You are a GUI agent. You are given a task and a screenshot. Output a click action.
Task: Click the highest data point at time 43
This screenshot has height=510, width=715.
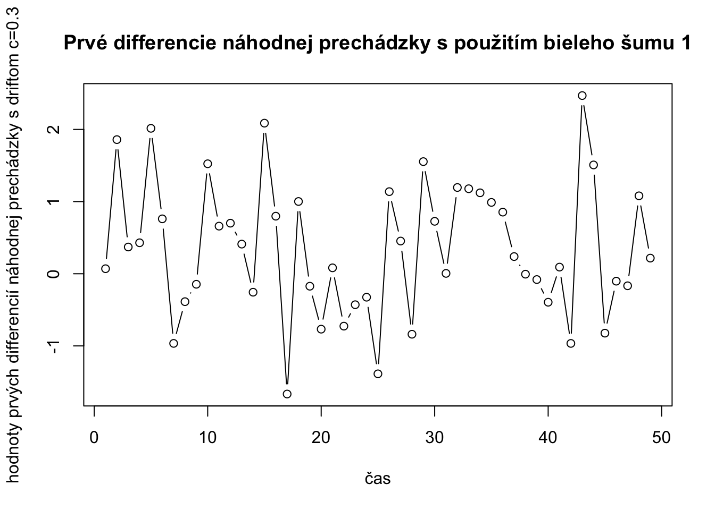(582, 96)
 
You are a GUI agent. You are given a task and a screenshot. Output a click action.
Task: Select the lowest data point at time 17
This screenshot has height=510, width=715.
(287, 394)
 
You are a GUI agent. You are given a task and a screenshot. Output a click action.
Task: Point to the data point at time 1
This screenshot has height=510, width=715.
(105, 269)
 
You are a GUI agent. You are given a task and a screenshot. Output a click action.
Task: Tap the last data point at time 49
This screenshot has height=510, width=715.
(650, 258)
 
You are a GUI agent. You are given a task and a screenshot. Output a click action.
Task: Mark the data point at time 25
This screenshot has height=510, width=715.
(378, 373)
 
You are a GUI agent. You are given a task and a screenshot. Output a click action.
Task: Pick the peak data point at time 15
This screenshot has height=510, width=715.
(264, 123)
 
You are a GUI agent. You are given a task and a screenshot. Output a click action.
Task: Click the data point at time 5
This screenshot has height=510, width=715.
(151, 128)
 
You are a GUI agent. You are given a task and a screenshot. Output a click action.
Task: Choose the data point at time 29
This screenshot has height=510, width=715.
(423, 161)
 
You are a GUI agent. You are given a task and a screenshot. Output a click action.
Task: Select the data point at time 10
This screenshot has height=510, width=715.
(207, 164)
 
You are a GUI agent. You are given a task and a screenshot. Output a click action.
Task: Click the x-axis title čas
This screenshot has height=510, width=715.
(378, 479)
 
